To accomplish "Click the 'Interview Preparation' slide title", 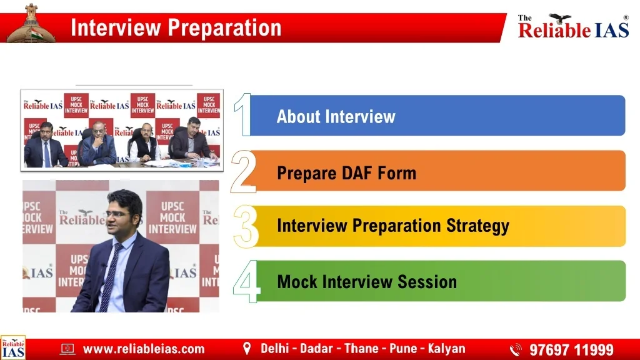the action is (176, 27).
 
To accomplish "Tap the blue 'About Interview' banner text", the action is (336, 116).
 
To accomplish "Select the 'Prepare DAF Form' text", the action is (346, 173).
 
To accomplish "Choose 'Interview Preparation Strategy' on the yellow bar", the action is (393, 226).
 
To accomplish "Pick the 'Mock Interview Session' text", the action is (367, 282).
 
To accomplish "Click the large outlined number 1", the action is (243, 114).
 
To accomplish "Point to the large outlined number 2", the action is (244, 171).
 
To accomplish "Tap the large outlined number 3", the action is (246, 226).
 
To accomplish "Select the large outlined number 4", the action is (246, 282).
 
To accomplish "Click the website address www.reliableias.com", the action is (144, 349).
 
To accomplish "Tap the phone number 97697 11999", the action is (571, 350).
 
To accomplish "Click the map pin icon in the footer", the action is (246, 349).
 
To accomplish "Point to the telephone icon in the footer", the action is (516, 350).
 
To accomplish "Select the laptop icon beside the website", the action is (67, 349).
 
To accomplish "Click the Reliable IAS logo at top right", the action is (573, 26).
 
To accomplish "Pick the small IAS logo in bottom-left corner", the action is (13, 347).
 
